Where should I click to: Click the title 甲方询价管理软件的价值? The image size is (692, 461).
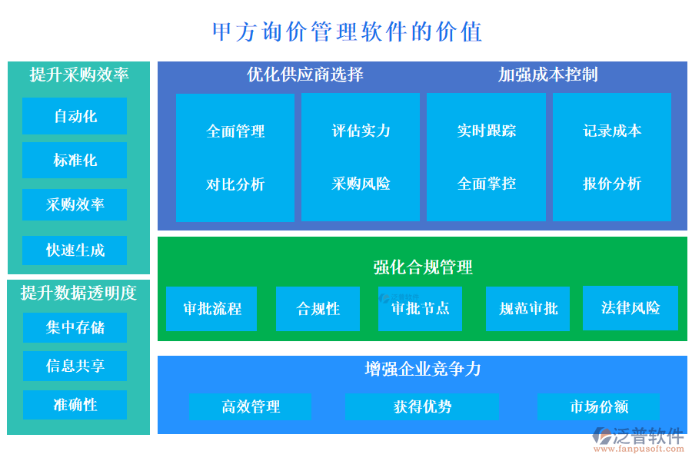click(347, 32)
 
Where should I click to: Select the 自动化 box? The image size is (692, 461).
click(75, 117)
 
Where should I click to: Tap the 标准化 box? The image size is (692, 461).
click(75, 161)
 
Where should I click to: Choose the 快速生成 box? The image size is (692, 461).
click(75, 250)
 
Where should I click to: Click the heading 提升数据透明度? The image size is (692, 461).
click(78, 293)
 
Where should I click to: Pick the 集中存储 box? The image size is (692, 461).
click(75, 328)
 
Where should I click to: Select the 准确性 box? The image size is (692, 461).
click(75, 405)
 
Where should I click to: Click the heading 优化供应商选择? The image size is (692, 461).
click(305, 75)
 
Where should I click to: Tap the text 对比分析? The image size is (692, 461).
click(235, 184)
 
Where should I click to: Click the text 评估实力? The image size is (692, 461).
click(361, 131)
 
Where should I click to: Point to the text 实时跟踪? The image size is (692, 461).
click(486, 131)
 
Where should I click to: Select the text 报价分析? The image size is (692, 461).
click(612, 184)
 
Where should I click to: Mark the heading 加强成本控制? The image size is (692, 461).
click(547, 75)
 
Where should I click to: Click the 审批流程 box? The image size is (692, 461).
click(211, 309)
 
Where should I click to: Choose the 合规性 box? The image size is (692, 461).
click(318, 309)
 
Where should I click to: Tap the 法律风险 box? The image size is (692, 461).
click(630, 308)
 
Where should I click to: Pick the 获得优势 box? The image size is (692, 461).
click(422, 407)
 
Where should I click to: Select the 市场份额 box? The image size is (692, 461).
click(598, 407)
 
